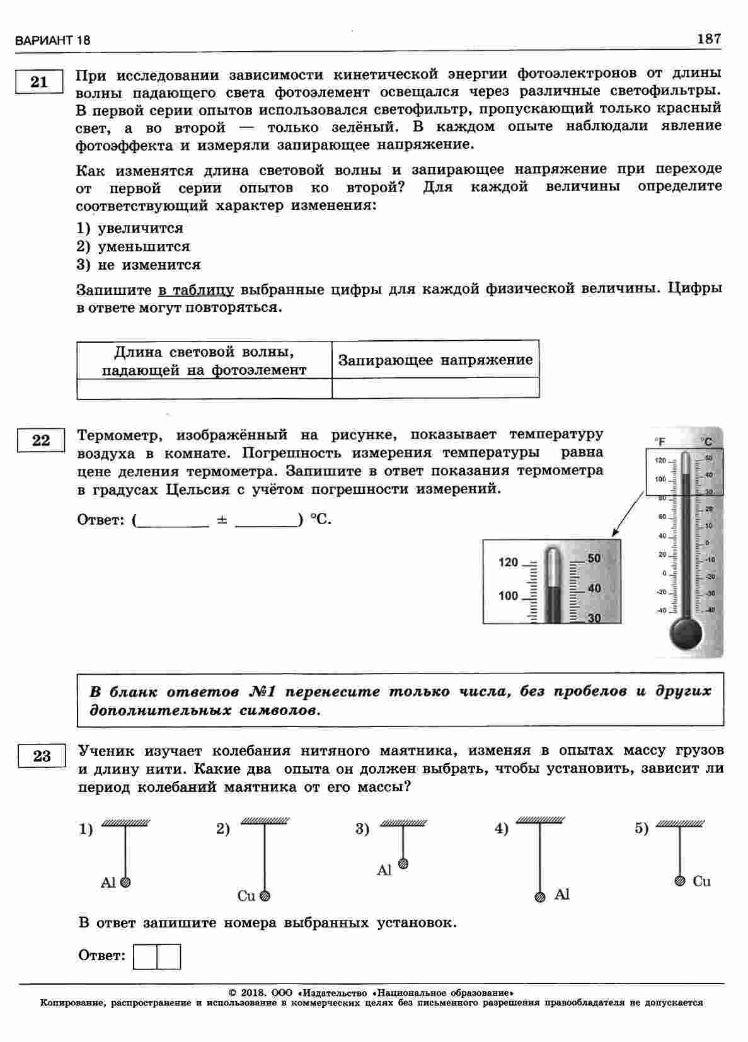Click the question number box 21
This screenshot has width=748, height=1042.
(x=39, y=82)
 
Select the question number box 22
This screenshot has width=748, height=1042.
(x=41, y=440)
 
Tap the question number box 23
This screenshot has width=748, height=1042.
(x=42, y=755)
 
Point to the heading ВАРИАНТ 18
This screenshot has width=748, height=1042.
(x=52, y=41)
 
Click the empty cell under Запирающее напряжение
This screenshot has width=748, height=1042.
(x=435, y=388)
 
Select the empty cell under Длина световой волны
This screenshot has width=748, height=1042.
(x=204, y=388)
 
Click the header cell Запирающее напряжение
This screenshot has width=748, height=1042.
(x=435, y=360)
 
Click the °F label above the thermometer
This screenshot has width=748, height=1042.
(x=660, y=442)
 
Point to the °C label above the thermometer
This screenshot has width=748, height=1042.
(x=708, y=442)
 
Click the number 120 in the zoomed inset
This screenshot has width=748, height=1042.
(x=508, y=563)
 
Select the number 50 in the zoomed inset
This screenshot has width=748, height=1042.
(x=594, y=558)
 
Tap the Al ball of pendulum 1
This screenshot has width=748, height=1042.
(x=125, y=883)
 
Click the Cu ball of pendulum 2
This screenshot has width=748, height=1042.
(x=265, y=895)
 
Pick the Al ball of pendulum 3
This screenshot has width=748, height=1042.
(x=403, y=864)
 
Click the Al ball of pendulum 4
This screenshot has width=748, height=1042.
(x=540, y=897)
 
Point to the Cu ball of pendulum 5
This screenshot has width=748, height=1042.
(x=680, y=881)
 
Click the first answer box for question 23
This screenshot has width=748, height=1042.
(x=146, y=956)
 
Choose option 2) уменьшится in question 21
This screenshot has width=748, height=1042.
(x=133, y=246)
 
